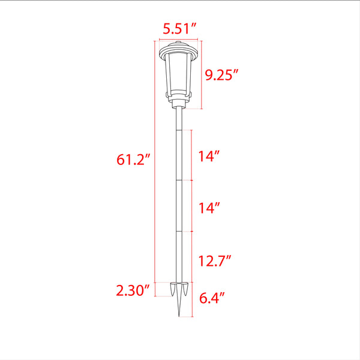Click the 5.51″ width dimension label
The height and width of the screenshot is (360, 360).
179,29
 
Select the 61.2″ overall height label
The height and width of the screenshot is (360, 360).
133,160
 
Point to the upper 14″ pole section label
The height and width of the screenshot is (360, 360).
209,156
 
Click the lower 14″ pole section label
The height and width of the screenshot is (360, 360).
209,208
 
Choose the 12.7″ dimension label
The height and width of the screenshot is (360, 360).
214,261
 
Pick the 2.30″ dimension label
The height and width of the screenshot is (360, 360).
133,290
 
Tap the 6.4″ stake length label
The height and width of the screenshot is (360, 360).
211,298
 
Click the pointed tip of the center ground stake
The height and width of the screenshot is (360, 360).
179,316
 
